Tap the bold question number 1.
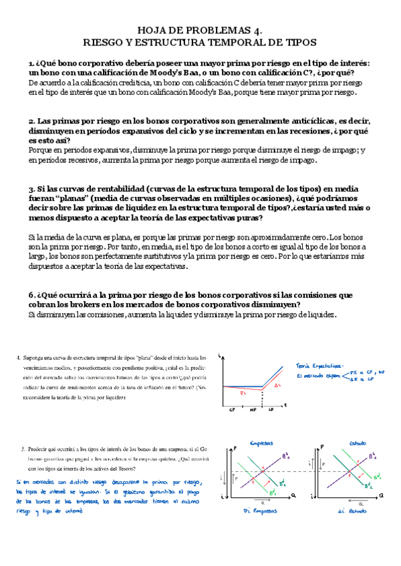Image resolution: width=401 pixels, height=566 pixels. [x=31, y=63]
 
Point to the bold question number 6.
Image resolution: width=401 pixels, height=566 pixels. [x=31, y=295]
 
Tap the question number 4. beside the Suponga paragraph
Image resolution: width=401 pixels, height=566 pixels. [x=15, y=357]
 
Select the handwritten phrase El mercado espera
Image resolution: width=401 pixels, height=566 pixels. [x=316, y=376]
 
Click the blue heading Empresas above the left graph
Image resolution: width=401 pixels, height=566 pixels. [x=263, y=443]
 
